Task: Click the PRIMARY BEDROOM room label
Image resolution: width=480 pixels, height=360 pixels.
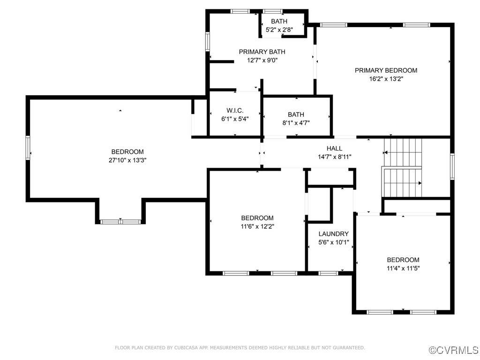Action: coord(386,70)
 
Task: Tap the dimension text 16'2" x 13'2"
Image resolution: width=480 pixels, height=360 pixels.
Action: coord(386,79)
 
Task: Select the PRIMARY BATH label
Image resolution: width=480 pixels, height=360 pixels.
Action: coord(262,52)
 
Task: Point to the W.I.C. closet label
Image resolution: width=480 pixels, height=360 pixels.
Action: coord(235,111)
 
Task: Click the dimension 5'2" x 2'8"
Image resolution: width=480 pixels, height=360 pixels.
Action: coord(279,30)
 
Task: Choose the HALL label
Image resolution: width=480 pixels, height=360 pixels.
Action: coord(334,149)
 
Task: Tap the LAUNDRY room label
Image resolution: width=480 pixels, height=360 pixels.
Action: coord(333,234)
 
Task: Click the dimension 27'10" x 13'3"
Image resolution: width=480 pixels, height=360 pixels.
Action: coord(127,160)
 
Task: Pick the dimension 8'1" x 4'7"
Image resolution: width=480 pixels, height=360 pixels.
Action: coord(296,123)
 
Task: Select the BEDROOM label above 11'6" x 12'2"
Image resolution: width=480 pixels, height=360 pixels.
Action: coord(257,218)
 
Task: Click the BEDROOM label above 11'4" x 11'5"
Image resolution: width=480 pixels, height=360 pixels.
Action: coord(403,260)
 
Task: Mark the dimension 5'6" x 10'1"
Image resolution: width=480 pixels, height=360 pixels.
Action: coord(334,242)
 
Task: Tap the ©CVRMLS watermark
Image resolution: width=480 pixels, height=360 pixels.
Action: coord(453,350)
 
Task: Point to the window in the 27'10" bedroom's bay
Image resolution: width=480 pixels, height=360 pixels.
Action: coord(120,222)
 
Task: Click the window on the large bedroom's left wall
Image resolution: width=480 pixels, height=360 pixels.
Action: coord(28,148)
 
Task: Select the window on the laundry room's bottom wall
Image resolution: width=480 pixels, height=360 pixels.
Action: coord(328,273)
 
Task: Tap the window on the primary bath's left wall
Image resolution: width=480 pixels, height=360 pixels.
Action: coord(208,42)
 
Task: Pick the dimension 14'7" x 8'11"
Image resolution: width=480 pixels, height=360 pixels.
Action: coord(334,157)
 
